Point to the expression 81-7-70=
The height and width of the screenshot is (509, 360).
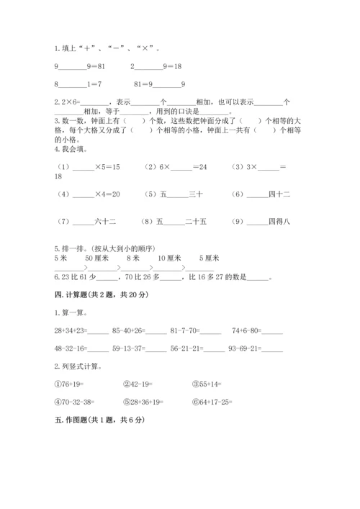(x=186, y=330)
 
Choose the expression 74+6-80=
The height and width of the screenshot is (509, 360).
(x=257, y=330)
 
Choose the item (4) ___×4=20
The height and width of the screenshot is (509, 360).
(x=86, y=194)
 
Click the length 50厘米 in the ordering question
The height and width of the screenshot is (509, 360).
(x=96, y=257)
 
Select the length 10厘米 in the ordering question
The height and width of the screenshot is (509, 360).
(x=168, y=257)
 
